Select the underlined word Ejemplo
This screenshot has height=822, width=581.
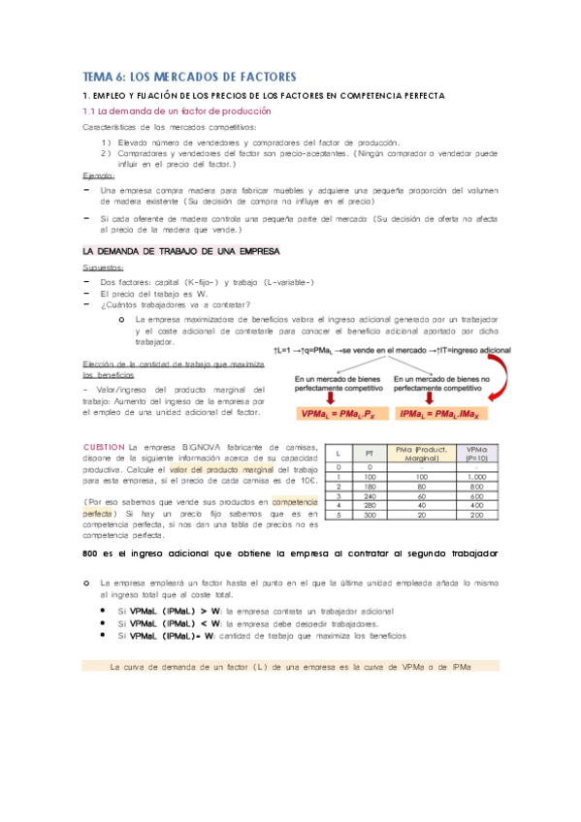click(x=99, y=176)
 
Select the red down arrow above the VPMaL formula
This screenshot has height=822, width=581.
click(x=331, y=395)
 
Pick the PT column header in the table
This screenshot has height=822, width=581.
click(x=371, y=452)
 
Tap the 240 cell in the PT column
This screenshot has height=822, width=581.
click(x=371, y=495)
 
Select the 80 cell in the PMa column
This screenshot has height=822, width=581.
click(x=422, y=486)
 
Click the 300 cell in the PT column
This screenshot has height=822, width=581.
click(x=371, y=514)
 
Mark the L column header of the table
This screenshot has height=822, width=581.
click(x=338, y=452)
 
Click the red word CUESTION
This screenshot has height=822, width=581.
click(x=105, y=446)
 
